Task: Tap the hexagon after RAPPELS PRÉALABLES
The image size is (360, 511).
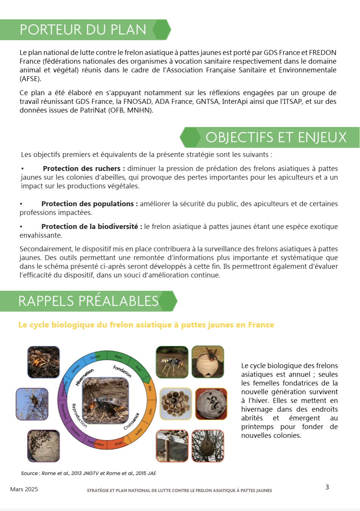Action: [x=168, y=301]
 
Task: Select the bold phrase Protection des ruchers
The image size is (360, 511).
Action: [x=81, y=169]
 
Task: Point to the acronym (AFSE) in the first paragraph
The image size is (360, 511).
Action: [x=30, y=79]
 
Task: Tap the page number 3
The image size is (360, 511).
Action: [x=327, y=487]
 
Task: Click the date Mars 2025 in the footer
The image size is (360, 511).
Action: [x=24, y=489]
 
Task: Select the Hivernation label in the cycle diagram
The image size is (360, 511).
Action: [x=85, y=377]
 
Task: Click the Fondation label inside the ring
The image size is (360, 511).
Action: [x=122, y=371]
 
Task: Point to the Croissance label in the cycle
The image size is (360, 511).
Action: [x=131, y=421]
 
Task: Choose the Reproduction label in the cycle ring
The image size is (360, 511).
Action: [x=79, y=415]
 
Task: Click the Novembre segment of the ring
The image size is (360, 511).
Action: [x=64, y=411]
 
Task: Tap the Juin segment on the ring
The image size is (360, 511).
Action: [x=150, y=411]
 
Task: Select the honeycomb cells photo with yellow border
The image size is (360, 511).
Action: [x=176, y=404]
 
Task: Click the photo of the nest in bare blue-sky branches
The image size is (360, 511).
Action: [x=32, y=404]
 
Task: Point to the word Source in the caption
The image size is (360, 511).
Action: [x=29, y=473]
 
